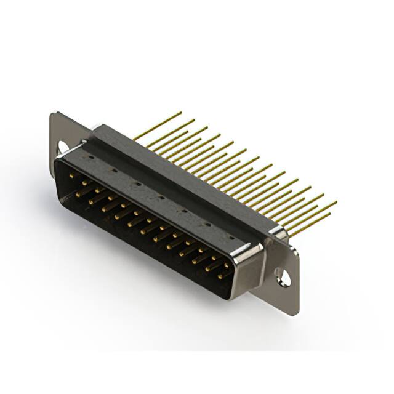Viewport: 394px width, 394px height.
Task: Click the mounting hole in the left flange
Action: coord(62,147)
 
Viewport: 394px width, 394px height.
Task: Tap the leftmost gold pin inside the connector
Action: coord(73,176)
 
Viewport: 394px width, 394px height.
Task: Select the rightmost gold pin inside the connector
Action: coord(223,275)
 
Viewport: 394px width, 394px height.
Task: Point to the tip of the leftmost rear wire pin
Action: coord(181,113)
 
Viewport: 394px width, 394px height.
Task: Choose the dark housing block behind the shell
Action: coord(185,179)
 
